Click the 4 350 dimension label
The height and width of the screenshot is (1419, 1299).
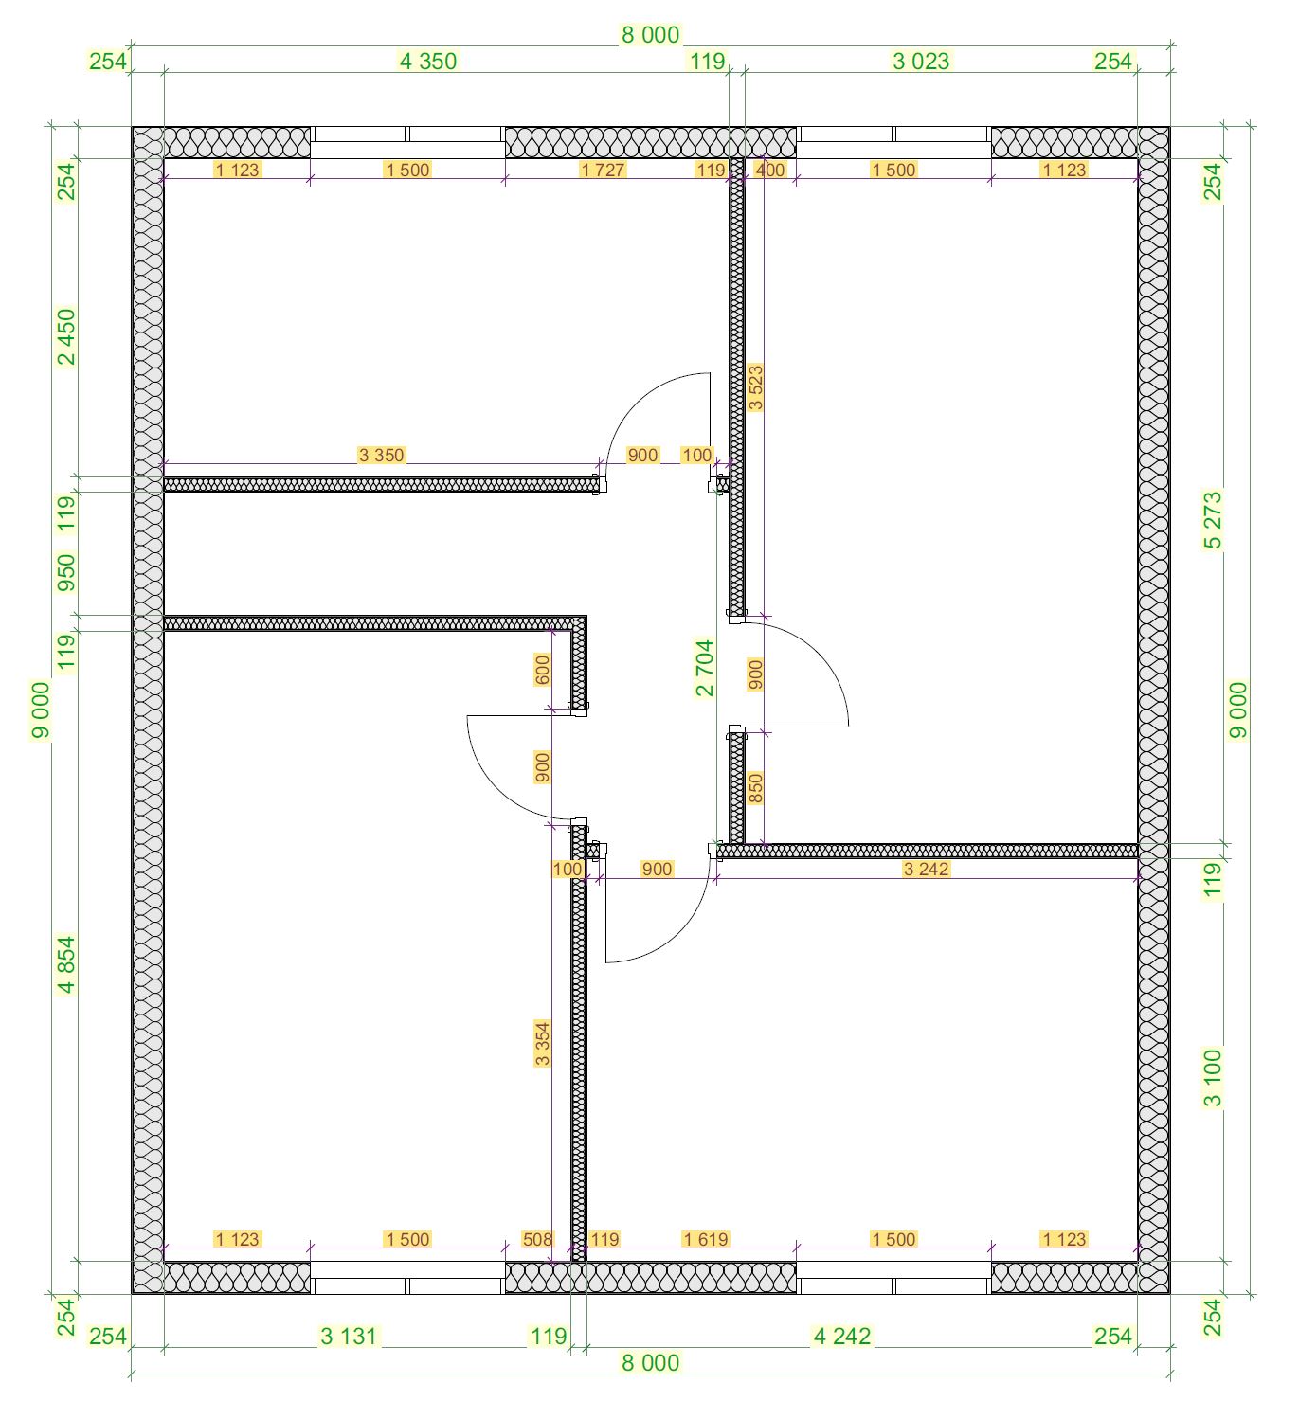point(428,62)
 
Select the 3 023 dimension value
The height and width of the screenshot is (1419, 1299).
point(920,62)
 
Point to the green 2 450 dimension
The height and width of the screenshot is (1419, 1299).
point(65,336)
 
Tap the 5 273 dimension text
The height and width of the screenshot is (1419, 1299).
point(1213,520)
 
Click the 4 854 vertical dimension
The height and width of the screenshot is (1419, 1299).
point(65,965)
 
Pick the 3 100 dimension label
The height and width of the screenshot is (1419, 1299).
point(1213,1078)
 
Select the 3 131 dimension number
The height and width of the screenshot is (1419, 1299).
point(348,1337)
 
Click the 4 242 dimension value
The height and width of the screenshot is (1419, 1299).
point(842,1337)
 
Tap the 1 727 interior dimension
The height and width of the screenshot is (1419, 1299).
point(602,170)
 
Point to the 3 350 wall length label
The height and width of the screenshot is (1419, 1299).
point(381,455)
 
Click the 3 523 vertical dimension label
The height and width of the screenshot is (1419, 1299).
point(756,387)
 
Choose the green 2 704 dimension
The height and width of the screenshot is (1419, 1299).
point(705,668)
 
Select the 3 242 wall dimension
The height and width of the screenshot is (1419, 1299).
point(926,869)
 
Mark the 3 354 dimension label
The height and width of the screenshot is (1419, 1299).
point(542,1043)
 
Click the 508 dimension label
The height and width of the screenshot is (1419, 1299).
point(538,1239)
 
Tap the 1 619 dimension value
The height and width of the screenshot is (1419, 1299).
point(705,1239)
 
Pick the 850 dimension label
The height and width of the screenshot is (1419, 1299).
point(756,788)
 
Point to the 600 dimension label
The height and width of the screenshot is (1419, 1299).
point(542,671)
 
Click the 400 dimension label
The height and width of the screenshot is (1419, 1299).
point(769,170)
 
